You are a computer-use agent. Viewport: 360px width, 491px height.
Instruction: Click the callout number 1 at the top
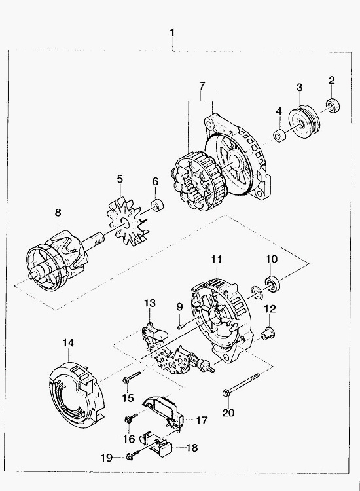172,33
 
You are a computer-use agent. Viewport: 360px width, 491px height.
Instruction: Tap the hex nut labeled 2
333,105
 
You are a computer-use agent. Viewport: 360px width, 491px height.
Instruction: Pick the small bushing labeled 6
158,204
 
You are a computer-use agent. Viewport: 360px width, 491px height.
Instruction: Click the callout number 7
202,86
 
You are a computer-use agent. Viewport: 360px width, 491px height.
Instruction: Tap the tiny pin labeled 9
181,327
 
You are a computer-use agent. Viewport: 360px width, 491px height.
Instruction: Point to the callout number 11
216,259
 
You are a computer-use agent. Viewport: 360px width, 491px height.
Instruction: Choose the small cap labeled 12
267,334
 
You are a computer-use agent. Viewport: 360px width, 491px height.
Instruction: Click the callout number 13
150,303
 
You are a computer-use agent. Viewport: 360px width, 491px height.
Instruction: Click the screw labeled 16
131,418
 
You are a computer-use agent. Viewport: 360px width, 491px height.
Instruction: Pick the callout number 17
202,420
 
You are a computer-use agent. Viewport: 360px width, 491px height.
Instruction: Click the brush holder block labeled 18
158,443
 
